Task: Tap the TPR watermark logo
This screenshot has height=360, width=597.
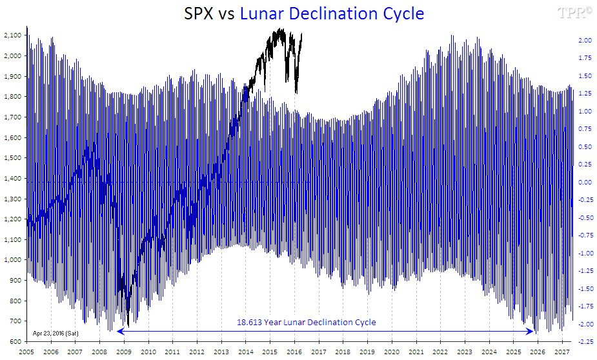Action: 576,12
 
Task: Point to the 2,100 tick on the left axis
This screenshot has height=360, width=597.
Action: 12,35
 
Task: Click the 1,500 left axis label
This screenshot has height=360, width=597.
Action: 12,158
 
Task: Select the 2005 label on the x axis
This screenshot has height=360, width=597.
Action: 26,352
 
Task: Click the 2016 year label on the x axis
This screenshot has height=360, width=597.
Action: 294,352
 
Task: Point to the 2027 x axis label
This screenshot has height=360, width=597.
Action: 562,352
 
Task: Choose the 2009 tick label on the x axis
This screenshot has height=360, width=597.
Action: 124,352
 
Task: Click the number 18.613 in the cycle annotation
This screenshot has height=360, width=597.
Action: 249,322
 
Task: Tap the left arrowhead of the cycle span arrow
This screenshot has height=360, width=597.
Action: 119,332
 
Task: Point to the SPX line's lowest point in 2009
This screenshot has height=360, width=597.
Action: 128,326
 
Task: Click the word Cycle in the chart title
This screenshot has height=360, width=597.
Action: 402,13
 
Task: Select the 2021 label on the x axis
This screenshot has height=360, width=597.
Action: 416,352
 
